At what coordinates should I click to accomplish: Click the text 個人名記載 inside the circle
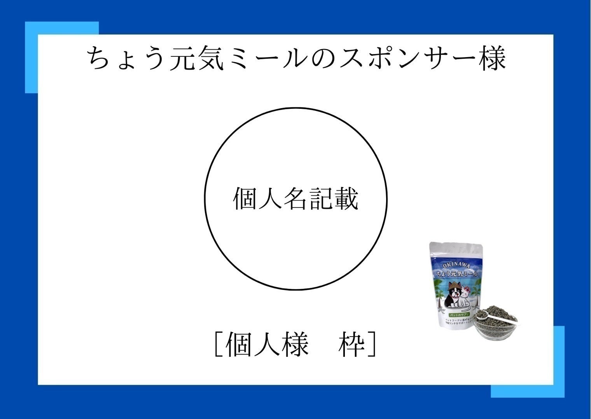click(x=295, y=199)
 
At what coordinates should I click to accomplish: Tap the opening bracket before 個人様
click(x=217, y=344)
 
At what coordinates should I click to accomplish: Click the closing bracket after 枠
click(x=372, y=344)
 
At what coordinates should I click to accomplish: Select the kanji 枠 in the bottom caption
click(x=351, y=344)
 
